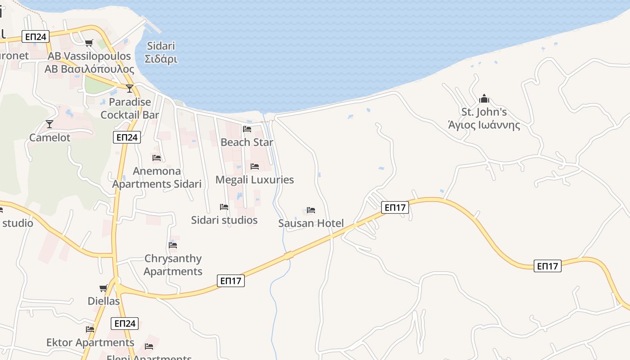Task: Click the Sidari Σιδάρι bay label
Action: click(x=161, y=52)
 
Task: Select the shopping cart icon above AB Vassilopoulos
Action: click(x=89, y=43)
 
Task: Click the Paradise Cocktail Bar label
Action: click(x=130, y=108)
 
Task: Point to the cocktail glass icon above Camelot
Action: click(x=49, y=124)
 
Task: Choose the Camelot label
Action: click(x=49, y=138)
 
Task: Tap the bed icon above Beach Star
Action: click(x=247, y=129)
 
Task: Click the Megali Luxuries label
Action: click(x=255, y=180)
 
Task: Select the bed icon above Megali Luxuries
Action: click(x=255, y=166)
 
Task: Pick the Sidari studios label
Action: click(x=224, y=220)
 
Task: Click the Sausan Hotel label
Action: click(x=311, y=223)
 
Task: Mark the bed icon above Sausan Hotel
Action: click(x=311, y=210)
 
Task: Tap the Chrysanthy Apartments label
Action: click(x=173, y=265)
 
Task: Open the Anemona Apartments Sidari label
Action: click(x=157, y=177)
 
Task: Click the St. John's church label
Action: click(x=484, y=118)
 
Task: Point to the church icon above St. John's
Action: click(x=484, y=99)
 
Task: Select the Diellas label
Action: click(x=104, y=301)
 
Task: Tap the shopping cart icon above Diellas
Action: click(x=103, y=288)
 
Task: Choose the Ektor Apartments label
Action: click(x=90, y=342)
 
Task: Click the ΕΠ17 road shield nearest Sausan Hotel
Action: click(x=395, y=207)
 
